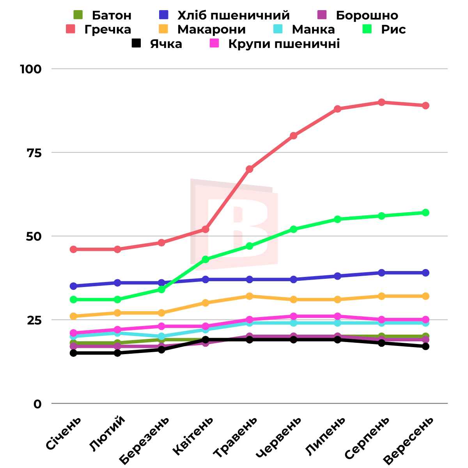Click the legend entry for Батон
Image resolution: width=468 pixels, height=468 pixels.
click(x=112, y=15)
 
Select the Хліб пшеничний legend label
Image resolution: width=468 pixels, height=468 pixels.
click(x=233, y=15)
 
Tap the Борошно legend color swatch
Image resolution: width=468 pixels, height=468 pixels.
click(x=321, y=15)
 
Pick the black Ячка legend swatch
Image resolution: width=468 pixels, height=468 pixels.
click(x=136, y=43)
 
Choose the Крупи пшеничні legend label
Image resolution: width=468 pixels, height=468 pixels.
click(x=284, y=44)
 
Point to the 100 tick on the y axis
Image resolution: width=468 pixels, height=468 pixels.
click(x=31, y=69)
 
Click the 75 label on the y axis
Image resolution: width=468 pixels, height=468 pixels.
click(x=34, y=152)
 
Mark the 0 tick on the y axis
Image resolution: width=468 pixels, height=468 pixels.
click(x=37, y=404)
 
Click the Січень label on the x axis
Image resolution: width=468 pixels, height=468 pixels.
click(x=64, y=433)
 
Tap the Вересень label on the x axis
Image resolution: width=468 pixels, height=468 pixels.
click(x=409, y=441)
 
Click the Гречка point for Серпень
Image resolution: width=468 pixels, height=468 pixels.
click(x=381, y=102)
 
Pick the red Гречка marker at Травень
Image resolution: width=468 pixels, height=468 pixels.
click(x=250, y=169)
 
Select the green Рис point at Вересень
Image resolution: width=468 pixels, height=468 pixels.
click(x=425, y=213)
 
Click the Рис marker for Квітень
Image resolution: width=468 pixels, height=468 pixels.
click(x=206, y=259)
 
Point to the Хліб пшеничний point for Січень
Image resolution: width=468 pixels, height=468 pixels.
click(x=73, y=286)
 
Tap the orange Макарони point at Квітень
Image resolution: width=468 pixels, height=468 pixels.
click(x=206, y=303)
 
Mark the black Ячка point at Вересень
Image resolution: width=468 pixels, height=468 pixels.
click(x=425, y=346)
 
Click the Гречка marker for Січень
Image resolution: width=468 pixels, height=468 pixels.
click(x=73, y=249)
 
